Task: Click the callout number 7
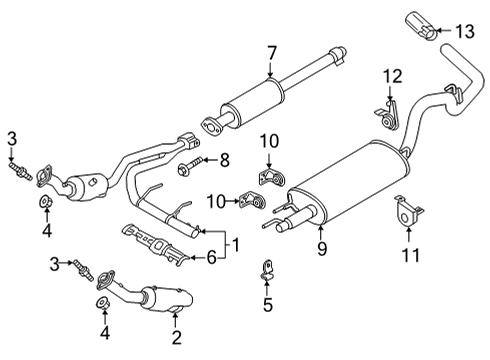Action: [x=271, y=51]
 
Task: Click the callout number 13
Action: [x=463, y=31]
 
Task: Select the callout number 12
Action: [x=393, y=75]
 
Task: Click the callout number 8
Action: [x=224, y=158]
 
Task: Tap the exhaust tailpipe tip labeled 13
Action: [x=420, y=22]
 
